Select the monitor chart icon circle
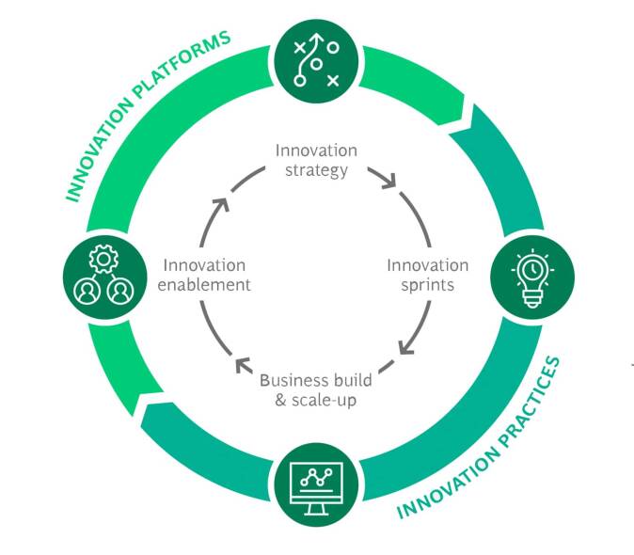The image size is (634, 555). pyautogui.click(x=316, y=485)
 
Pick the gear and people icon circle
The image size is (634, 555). pyautogui.click(x=103, y=274)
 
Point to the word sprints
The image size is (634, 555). pyautogui.click(x=427, y=285)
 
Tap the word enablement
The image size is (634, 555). pyautogui.click(x=205, y=285)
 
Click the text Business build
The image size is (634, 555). pyautogui.click(x=315, y=380)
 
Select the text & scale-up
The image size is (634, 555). pyautogui.click(x=315, y=400)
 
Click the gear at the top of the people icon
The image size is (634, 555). pyautogui.click(x=102, y=256)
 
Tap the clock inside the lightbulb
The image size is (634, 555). pyautogui.click(x=528, y=267)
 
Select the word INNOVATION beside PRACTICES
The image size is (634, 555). pyautogui.click(x=441, y=489)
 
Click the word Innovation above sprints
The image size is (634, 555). pyautogui.click(x=427, y=265)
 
